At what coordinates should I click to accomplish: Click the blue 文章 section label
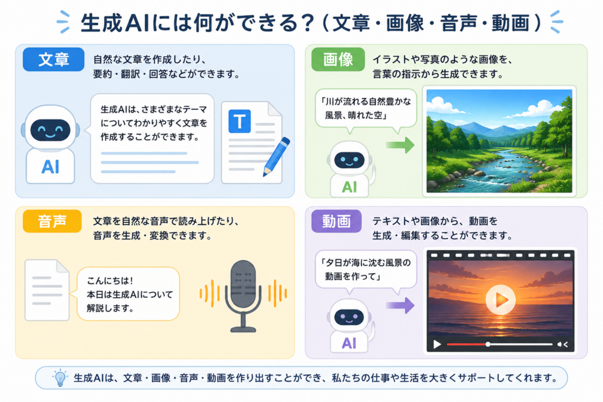pyautogui.click(x=54, y=59)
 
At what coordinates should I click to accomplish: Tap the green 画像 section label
pyautogui.click(x=338, y=59)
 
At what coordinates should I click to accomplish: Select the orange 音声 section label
pyautogui.click(x=52, y=221)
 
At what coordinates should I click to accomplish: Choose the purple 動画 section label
pyautogui.click(x=336, y=221)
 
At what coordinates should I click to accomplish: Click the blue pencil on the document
pyautogui.click(x=277, y=157)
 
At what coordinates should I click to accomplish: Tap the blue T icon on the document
pyautogui.click(x=240, y=121)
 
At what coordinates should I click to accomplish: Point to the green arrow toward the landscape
pyautogui.click(x=400, y=145)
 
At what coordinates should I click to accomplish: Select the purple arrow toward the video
pyautogui.click(x=400, y=305)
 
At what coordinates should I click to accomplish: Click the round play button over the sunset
pyautogui.click(x=501, y=300)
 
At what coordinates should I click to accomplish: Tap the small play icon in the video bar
pyautogui.click(x=438, y=344)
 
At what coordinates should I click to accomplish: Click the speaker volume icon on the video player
pyautogui.click(x=562, y=344)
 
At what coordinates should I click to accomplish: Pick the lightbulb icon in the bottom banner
pyautogui.click(x=60, y=378)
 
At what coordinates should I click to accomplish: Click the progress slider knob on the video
pyautogui.click(x=488, y=344)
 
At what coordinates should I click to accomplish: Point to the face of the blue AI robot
pyautogui.click(x=51, y=130)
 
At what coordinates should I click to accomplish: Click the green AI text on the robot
pyautogui.click(x=349, y=187)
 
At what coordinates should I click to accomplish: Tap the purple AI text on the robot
pyautogui.click(x=349, y=343)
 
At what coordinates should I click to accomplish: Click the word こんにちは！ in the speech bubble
pyautogui.click(x=110, y=281)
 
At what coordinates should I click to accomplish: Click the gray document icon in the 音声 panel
pyautogui.click(x=47, y=290)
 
